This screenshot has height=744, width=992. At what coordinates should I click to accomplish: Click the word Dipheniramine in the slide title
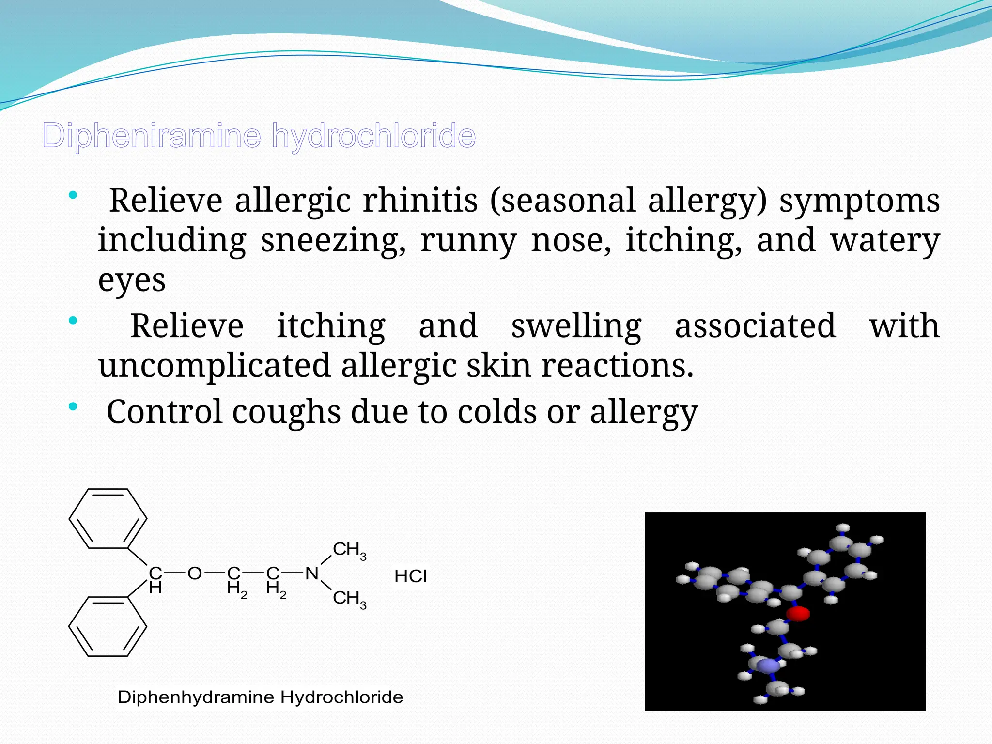coord(152,136)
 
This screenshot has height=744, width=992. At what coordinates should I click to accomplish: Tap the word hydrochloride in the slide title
coord(373,136)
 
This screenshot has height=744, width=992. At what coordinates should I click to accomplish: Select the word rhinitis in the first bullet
coord(420,201)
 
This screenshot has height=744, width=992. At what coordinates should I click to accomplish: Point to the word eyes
coord(132,280)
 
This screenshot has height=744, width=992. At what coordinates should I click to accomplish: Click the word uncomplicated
coord(215,365)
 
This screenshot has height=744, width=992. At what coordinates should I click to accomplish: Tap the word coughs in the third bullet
coord(286,412)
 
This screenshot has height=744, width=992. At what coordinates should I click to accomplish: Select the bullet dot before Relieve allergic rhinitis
coord(73,196)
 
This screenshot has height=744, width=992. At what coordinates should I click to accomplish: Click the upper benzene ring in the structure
coord(108,518)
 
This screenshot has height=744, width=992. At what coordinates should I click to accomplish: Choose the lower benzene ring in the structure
coord(108,626)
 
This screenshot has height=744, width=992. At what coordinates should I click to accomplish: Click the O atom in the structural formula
coord(194,573)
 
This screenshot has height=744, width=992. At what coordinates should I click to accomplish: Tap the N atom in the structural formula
coord(311,573)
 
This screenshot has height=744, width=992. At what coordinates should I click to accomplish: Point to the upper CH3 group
coord(349,550)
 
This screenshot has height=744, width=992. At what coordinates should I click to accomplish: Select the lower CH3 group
coord(349,599)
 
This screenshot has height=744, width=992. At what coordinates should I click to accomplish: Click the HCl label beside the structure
coord(411,576)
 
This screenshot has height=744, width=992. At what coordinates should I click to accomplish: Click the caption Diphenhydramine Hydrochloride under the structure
coord(260,697)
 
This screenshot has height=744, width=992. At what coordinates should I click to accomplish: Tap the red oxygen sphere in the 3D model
coord(798,614)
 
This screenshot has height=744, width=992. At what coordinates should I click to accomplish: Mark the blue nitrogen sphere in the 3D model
coord(768,666)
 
